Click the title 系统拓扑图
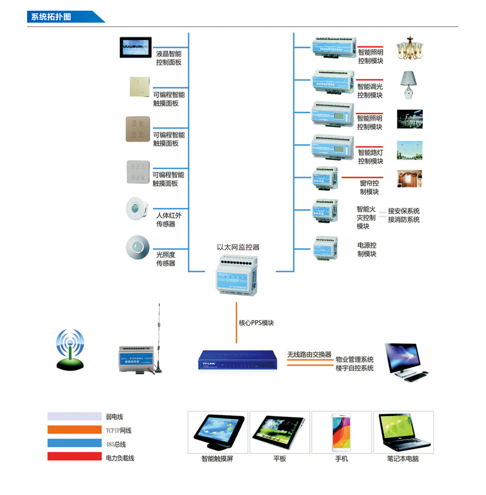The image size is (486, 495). tap(51, 17)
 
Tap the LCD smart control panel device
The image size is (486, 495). tap(136, 47)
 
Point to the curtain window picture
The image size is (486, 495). tap(409, 179)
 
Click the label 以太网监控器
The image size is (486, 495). tap(238, 247)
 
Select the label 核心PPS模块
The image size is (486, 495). tap(256, 323)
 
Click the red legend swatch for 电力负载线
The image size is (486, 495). tap(74, 457)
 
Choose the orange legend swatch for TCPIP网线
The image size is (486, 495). tap(74, 430)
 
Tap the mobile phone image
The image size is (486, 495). tap(341, 433)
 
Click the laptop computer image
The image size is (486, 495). tap(403, 433)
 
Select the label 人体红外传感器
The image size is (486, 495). tap(169, 219)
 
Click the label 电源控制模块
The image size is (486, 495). tap(367, 249)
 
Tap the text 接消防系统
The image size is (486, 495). tap(403, 219)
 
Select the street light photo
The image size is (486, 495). tap(409, 150)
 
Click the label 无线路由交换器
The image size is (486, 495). tap(309, 354)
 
